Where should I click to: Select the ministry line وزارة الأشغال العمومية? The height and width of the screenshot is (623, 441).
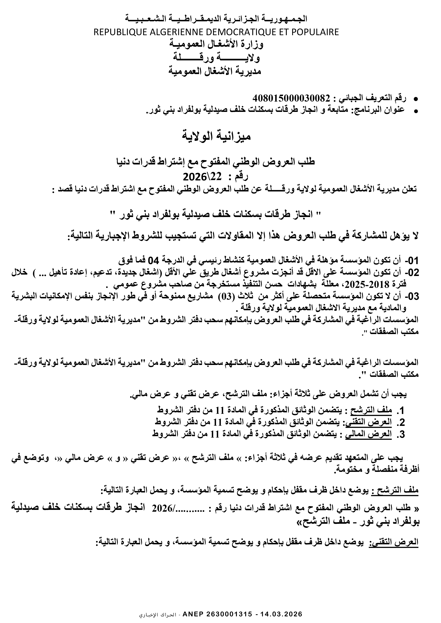tap(216, 45)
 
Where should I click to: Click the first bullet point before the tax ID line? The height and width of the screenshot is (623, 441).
tap(415, 99)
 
